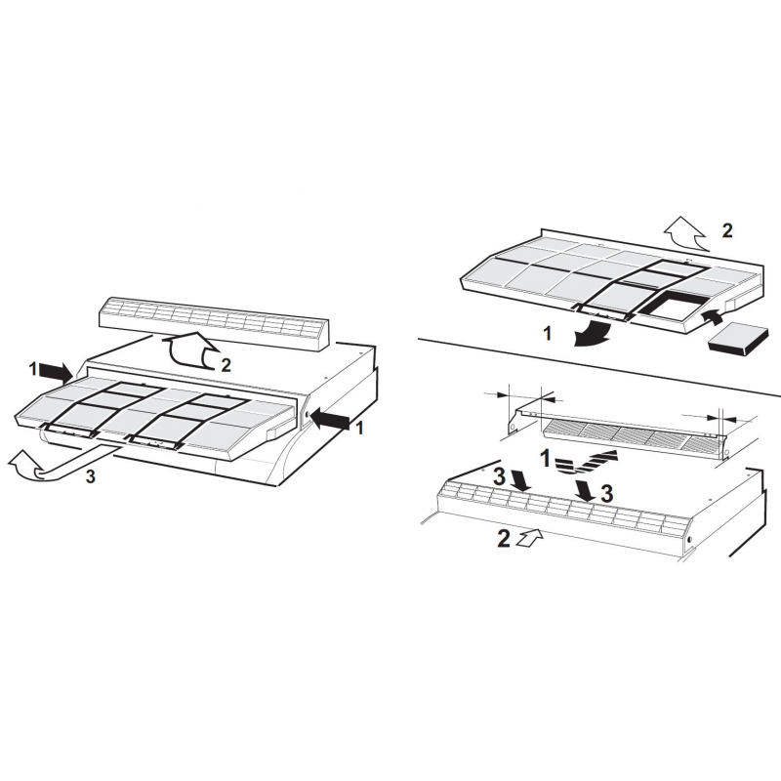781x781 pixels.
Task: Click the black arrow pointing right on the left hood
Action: click(56, 371)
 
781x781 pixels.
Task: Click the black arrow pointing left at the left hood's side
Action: click(330, 421)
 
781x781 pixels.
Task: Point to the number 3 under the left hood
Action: click(90, 476)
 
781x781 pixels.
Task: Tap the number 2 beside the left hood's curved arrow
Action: click(226, 365)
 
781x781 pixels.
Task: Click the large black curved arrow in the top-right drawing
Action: click(596, 333)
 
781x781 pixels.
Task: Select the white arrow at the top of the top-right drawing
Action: click(685, 233)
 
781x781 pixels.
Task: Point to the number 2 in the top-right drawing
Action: click(727, 230)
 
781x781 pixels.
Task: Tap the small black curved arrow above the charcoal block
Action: click(711, 317)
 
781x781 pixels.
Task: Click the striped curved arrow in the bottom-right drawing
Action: click(586, 461)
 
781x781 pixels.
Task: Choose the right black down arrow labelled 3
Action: click(585, 491)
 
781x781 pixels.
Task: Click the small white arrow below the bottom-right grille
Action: click(529, 538)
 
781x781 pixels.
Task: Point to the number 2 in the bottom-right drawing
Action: click(504, 539)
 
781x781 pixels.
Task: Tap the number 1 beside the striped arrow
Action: click(546, 458)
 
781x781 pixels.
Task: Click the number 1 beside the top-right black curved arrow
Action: click(548, 334)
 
